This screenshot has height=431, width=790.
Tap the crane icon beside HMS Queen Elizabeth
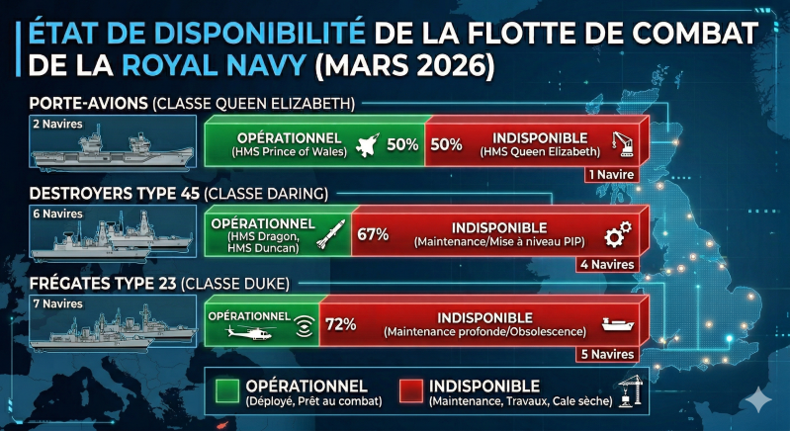click(x=623, y=142)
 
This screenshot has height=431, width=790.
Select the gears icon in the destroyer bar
click(x=618, y=233)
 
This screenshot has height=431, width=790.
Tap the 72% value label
click(x=340, y=324)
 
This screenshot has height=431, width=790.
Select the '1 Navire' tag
click(x=610, y=175)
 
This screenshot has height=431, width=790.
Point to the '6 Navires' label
click(x=54, y=214)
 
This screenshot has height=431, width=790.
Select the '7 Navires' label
click(x=54, y=303)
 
